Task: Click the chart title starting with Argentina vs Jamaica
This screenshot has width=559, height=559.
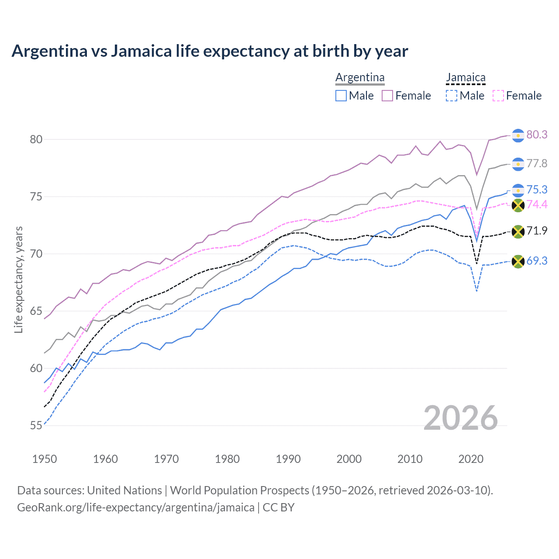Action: (x=210, y=51)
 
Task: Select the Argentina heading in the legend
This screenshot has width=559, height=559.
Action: (x=360, y=78)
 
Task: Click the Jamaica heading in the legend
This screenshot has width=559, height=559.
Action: (x=466, y=78)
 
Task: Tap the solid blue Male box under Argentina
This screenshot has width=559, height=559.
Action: (x=341, y=96)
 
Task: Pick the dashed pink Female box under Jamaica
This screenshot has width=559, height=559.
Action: (x=498, y=96)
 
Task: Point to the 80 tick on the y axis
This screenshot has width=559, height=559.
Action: (x=36, y=140)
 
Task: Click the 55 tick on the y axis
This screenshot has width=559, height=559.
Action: (x=36, y=426)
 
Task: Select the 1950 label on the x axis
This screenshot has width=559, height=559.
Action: (x=45, y=459)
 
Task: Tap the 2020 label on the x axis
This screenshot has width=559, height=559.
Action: (x=471, y=459)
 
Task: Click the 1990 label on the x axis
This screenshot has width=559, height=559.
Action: (x=288, y=459)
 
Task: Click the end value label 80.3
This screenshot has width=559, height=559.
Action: (x=537, y=135)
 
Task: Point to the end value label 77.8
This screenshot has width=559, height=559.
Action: (x=537, y=163)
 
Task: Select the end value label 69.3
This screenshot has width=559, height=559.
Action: (x=537, y=261)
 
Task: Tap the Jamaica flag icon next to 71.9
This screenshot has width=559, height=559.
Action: (x=518, y=231)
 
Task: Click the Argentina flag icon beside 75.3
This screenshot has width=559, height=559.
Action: (x=518, y=190)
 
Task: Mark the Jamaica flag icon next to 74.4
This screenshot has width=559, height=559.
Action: (x=518, y=205)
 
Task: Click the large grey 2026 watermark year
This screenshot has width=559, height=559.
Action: (x=461, y=418)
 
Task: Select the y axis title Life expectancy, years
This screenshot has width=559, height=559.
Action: (x=19, y=279)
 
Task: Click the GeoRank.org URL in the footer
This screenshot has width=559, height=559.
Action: (x=136, y=507)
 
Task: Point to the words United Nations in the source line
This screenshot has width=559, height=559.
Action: (x=124, y=490)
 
